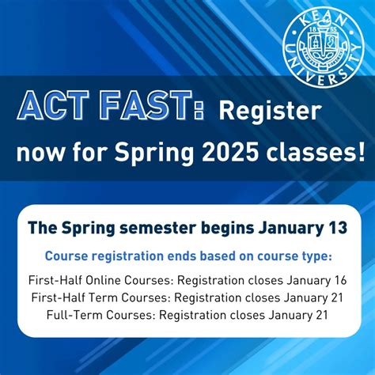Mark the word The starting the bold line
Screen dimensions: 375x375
click(x=41, y=229)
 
